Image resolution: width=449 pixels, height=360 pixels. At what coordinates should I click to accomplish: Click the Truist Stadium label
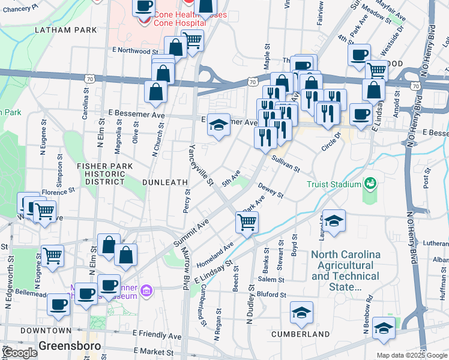pyautogui.click(x=333, y=184)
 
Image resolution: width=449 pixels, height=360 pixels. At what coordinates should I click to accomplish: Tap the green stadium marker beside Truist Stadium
pyautogui.click(x=370, y=182)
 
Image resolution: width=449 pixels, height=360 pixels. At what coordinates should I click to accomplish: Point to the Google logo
pyautogui.click(x=19, y=353)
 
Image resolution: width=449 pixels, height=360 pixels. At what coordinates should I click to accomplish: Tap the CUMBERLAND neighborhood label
pyautogui.click(x=300, y=334)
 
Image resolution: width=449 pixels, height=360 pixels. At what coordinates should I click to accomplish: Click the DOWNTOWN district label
pyautogui.click(x=46, y=331)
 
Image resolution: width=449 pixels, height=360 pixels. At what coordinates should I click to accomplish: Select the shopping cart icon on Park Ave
pyautogui.click(x=247, y=223)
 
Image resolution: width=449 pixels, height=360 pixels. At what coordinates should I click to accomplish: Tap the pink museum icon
pyautogui.click(x=145, y=292)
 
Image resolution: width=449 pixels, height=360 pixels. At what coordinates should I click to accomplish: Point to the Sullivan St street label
pyautogui.click(x=285, y=163)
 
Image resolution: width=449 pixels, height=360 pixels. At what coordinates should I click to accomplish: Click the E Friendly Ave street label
pyautogui.click(x=157, y=335)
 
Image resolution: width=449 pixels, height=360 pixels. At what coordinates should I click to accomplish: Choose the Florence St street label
pyautogui.click(x=58, y=191)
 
